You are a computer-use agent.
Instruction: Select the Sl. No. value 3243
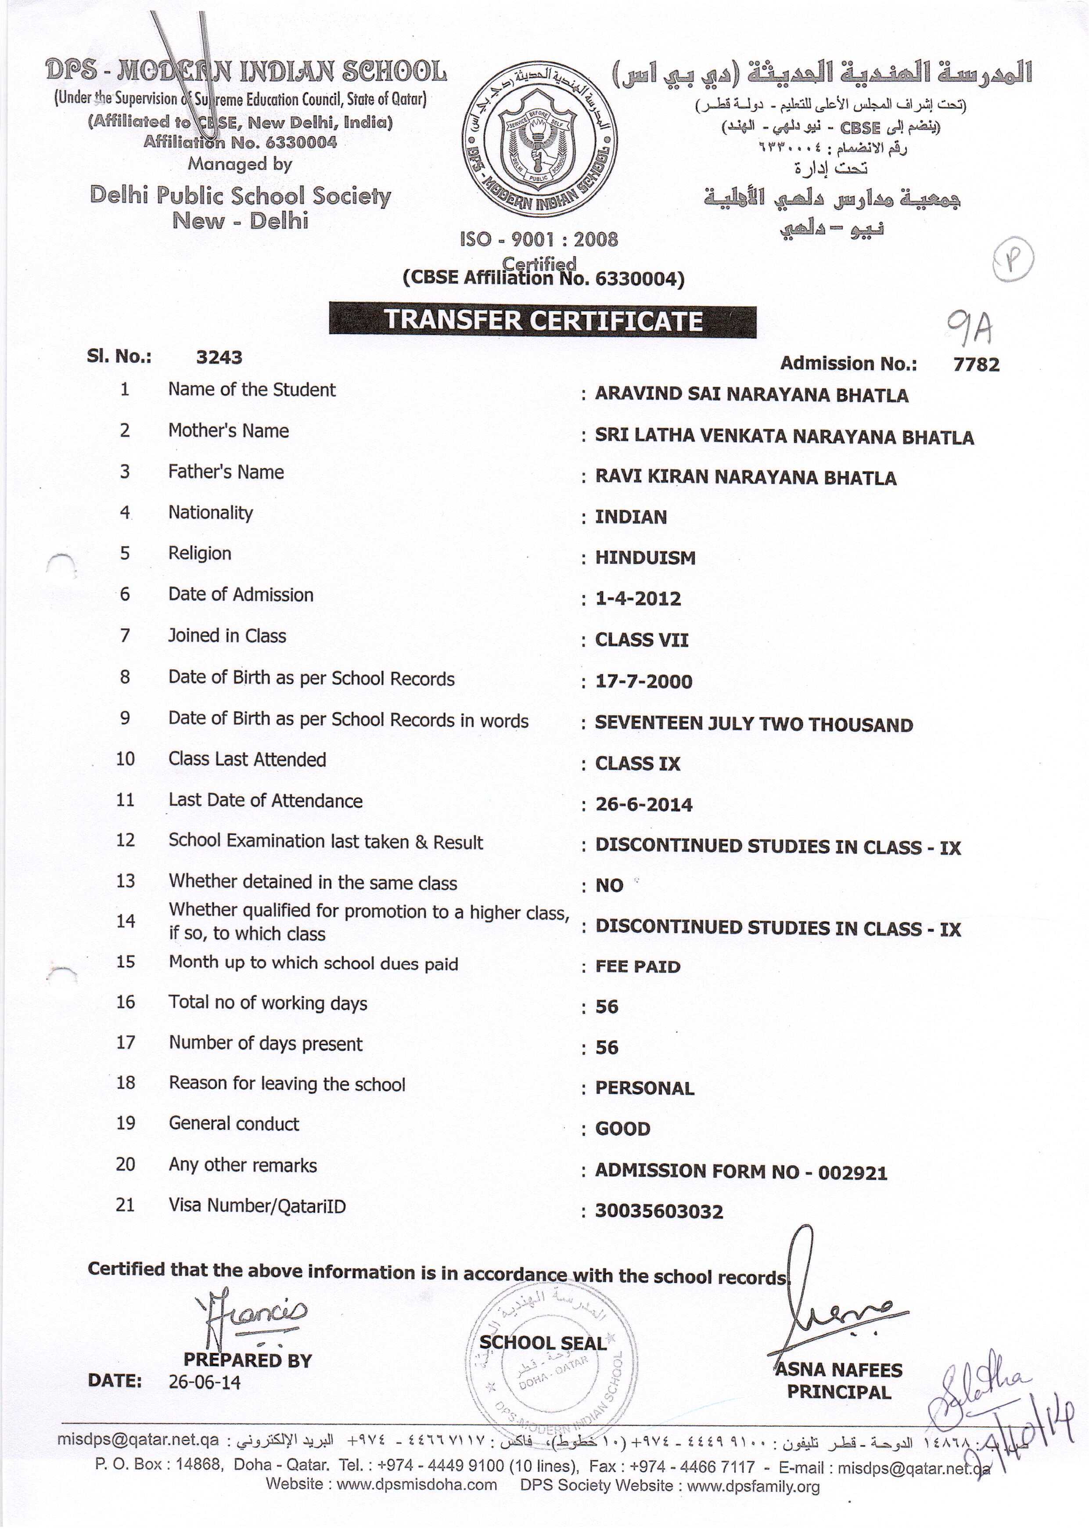tap(219, 357)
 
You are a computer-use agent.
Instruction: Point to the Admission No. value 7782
tap(976, 364)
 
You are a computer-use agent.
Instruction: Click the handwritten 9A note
tap(969, 328)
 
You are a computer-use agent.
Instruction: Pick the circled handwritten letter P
tap(1013, 259)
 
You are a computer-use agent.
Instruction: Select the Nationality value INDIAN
tap(630, 517)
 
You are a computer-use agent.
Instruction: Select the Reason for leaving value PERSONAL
tap(644, 1088)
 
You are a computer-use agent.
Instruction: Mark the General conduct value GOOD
tap(622, 1129)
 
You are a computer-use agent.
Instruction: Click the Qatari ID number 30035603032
tap(659, 1212)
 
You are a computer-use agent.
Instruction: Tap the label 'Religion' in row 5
tap(199, 553)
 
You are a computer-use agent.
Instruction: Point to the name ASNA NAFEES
tap(839, 1370)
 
